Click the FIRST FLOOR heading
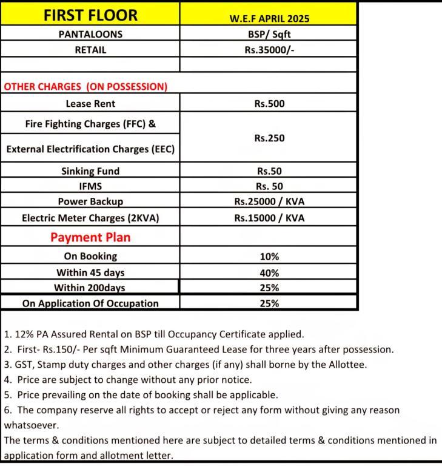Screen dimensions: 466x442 point(90,15)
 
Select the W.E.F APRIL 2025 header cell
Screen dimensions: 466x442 point(269,18)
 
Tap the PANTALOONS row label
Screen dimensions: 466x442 point(90,35)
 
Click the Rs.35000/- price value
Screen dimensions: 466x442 point(269,50)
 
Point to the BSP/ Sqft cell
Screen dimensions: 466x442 point(269,35)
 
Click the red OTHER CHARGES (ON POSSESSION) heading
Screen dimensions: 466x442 point(85,87)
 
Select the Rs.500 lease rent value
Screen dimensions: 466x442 point(269,104)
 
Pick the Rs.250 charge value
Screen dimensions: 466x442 point(269,138)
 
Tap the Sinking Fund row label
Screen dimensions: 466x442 point(90,171)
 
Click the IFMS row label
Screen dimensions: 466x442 point(90,186)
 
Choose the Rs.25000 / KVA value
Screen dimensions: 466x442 point(269,201)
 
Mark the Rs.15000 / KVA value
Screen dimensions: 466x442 point(269,218)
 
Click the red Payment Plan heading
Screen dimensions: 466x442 point(90,237)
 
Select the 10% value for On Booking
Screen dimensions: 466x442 point(269,257)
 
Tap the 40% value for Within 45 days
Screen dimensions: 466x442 point(269,273)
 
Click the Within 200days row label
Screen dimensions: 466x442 point(90,288)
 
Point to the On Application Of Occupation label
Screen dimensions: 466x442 point(90,303)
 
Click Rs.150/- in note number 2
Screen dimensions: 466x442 point(64,349)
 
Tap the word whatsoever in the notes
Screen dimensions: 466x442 point(32,425)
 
